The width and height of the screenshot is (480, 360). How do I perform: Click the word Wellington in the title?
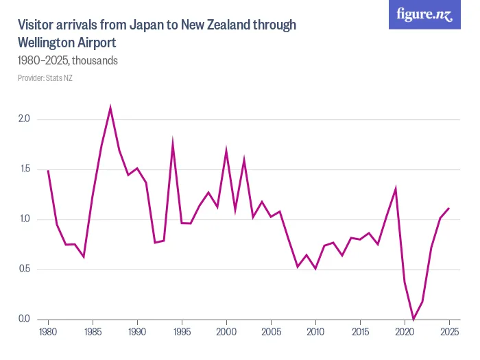47,43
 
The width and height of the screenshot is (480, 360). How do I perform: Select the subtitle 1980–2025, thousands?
68,60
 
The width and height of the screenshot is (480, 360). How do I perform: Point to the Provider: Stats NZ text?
45,78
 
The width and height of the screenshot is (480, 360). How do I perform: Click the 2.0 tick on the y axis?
25,119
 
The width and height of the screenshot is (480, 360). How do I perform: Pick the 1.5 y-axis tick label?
25,169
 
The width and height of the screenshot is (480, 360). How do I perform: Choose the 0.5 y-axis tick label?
25,269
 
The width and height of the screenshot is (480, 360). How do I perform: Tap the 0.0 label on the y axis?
25,320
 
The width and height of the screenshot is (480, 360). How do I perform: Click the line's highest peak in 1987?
110,108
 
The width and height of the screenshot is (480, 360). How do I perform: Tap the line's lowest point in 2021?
413,319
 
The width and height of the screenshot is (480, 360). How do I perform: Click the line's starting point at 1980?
48,171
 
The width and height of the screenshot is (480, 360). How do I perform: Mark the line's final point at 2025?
449,208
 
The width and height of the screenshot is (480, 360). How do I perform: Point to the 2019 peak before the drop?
396,189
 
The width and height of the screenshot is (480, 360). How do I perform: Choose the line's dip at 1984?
84,256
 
